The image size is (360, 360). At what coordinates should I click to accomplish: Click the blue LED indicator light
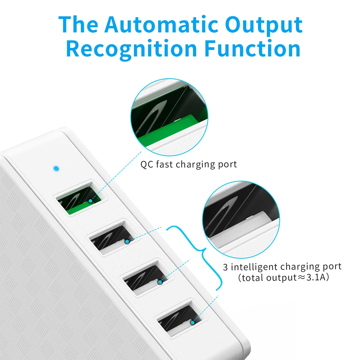[x=55, y=168]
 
